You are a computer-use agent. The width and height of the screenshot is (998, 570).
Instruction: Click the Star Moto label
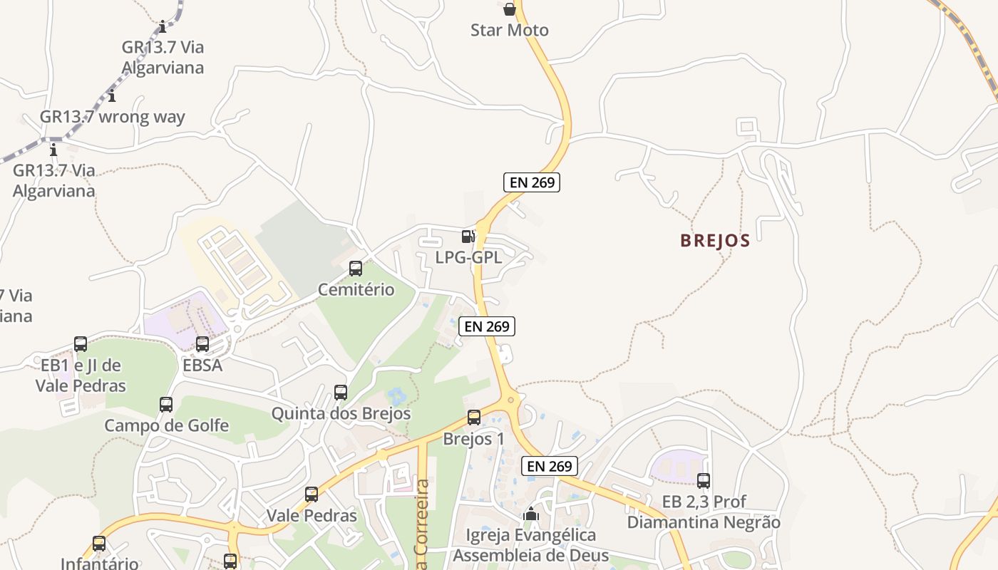(509, 30)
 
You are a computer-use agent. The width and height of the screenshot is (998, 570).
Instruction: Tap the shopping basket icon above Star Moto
(509, 9)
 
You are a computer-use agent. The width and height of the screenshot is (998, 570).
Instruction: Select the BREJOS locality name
(715, 241)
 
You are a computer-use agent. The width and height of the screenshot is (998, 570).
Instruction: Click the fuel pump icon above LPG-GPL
(468, 236)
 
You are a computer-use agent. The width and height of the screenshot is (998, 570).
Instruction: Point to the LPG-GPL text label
(468, 257)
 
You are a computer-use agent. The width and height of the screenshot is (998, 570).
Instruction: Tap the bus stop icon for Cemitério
(355, 269)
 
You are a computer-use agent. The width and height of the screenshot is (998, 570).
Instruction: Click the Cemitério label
(356, 289)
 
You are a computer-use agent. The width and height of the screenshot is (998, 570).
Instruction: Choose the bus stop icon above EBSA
(202, 344)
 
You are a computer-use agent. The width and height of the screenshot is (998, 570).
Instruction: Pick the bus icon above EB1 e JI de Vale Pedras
(81, 344)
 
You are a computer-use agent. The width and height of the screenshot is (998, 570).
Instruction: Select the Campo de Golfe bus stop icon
(166, 405)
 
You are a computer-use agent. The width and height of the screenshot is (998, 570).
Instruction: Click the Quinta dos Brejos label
(341, 413)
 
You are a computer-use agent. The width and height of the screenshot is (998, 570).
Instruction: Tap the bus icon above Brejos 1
(474, 418)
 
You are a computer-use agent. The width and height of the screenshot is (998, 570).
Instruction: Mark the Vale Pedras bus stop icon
(312, 494)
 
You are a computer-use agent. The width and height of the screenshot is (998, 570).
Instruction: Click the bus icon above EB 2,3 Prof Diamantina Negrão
(704, 481)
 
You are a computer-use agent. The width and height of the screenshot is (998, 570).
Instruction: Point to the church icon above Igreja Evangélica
(530, 514)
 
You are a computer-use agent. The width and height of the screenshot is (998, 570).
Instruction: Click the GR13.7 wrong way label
(113, 117)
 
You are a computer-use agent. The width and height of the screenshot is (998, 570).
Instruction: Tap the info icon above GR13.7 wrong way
(112, 96)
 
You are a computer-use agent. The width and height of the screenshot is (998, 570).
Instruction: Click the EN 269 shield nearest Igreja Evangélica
(549, 466)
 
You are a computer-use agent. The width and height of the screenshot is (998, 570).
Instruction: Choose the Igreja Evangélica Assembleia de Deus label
(530, 545)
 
